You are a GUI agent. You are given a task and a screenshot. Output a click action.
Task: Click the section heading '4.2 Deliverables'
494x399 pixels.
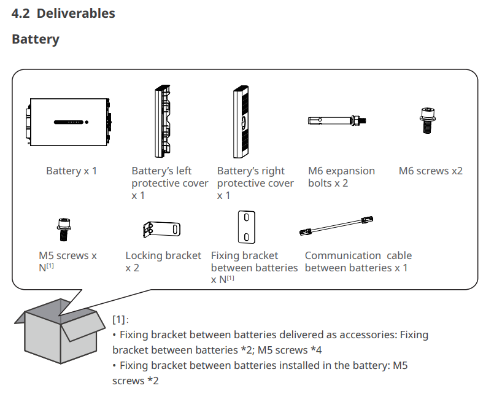[63, 13]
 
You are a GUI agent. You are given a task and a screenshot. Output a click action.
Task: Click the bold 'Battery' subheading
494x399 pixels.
[36, 39]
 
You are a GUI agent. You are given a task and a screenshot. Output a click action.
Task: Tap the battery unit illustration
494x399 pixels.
[69, 121]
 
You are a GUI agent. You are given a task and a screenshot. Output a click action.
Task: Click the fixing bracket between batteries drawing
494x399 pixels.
[246, 228]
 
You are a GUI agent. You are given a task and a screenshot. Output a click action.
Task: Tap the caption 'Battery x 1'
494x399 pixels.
[71, 171]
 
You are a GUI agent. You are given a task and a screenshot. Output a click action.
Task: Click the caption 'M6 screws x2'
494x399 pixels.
[430, 171]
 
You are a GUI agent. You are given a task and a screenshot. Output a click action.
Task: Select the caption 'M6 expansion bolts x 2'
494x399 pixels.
[341, 177]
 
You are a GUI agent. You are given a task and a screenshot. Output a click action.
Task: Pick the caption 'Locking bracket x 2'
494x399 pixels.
[163, 261]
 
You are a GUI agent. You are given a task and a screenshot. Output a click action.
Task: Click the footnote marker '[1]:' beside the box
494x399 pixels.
[120, 320]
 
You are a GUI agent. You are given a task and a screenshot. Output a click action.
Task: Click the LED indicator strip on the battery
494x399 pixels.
[71, 122]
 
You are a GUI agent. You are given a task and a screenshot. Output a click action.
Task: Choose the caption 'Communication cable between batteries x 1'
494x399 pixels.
[358, 261]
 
